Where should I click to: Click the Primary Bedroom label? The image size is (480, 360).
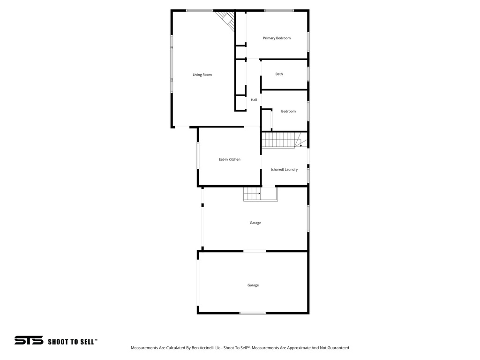point(277,38)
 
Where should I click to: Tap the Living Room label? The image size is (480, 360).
point(202,75)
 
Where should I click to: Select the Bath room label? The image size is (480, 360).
point(279,74)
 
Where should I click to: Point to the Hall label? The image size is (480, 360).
point(254,100)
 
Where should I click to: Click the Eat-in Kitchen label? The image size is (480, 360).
point(230,159)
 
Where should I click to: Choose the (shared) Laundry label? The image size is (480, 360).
point(284,169)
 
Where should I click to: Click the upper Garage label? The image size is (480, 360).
point(255,223)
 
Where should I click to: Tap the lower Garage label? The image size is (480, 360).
point(253,285)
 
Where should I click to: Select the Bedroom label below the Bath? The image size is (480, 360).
point(288,111)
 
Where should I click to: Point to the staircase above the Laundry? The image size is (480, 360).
point(280,140)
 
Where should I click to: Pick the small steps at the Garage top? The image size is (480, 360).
point(252,194)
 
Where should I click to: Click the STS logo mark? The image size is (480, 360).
point(29,340)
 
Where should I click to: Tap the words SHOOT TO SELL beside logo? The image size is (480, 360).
point(73,342)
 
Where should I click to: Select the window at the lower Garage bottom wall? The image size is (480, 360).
point(253,313)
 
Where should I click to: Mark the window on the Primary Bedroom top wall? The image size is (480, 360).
point(279,10)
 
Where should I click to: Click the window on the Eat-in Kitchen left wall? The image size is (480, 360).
point(198,156)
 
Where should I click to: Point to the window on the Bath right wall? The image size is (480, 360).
point(308,74)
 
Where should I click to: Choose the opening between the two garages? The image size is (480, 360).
point(254,251)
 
